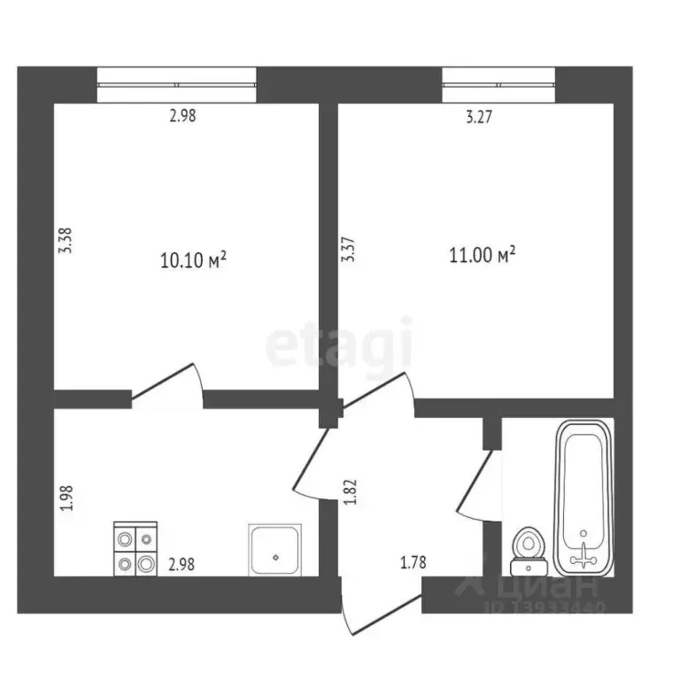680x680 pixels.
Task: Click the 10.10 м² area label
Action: click(x=193, y=259)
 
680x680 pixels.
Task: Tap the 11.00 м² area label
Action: click(x=483, y=256)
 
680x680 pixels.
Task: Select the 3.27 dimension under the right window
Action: click(x=480, y=114)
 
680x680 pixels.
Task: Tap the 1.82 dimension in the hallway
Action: click(x=351, y=492)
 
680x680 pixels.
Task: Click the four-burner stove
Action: click(x=135, y=550)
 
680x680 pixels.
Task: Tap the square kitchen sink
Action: click(x=275, y=549)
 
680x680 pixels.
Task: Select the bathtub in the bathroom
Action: click(x=583, y=497)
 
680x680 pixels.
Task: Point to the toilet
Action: click(x=529, y=549)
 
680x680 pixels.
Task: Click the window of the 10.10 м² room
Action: click(x=176, y=85)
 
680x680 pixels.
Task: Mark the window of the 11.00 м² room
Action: click(x=498, y=85)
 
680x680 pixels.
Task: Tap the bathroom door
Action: click(x=477, y=481)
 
